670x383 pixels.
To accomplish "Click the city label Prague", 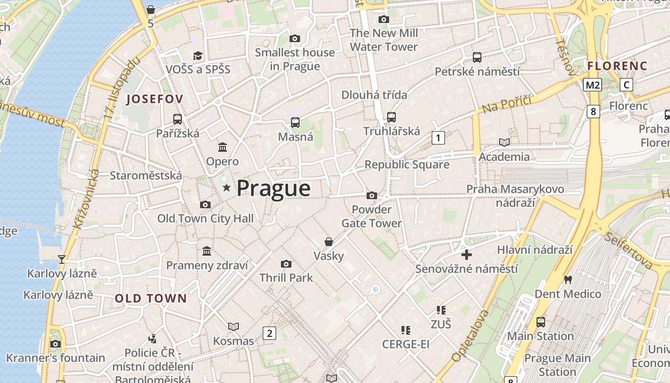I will (x=273, y=188).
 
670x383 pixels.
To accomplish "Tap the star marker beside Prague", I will (x=226, y=188).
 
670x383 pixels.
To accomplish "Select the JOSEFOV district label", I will (x=155, y=99).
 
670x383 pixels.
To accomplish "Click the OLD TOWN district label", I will (x=151, y=298).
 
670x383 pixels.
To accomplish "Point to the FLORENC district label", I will (x=617, y=66).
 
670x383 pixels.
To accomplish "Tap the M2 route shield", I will (x=592, y=85).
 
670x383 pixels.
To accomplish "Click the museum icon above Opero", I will (x=223, y=147).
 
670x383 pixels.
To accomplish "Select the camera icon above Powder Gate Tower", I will (x=371, y=195).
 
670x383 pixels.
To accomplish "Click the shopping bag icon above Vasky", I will (x=329, y=242).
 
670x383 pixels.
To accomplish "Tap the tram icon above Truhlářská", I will (x=391, y=117).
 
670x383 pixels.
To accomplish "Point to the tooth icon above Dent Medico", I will (x=568, y=279).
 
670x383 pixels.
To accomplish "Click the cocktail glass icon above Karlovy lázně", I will (x=61, y=259).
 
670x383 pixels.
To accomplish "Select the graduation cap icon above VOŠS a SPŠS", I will (x=198, y=56).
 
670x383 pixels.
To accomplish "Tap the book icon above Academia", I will (x=504, y=142).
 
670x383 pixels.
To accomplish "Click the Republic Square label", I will (x=407, y=165).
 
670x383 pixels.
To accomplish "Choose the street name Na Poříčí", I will (x=507, y=104).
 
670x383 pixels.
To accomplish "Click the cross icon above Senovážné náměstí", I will (x=467, y=255).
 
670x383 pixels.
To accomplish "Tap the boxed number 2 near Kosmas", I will (x=269, y=333).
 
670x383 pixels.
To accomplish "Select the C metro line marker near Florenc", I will (x=626, y=85).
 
